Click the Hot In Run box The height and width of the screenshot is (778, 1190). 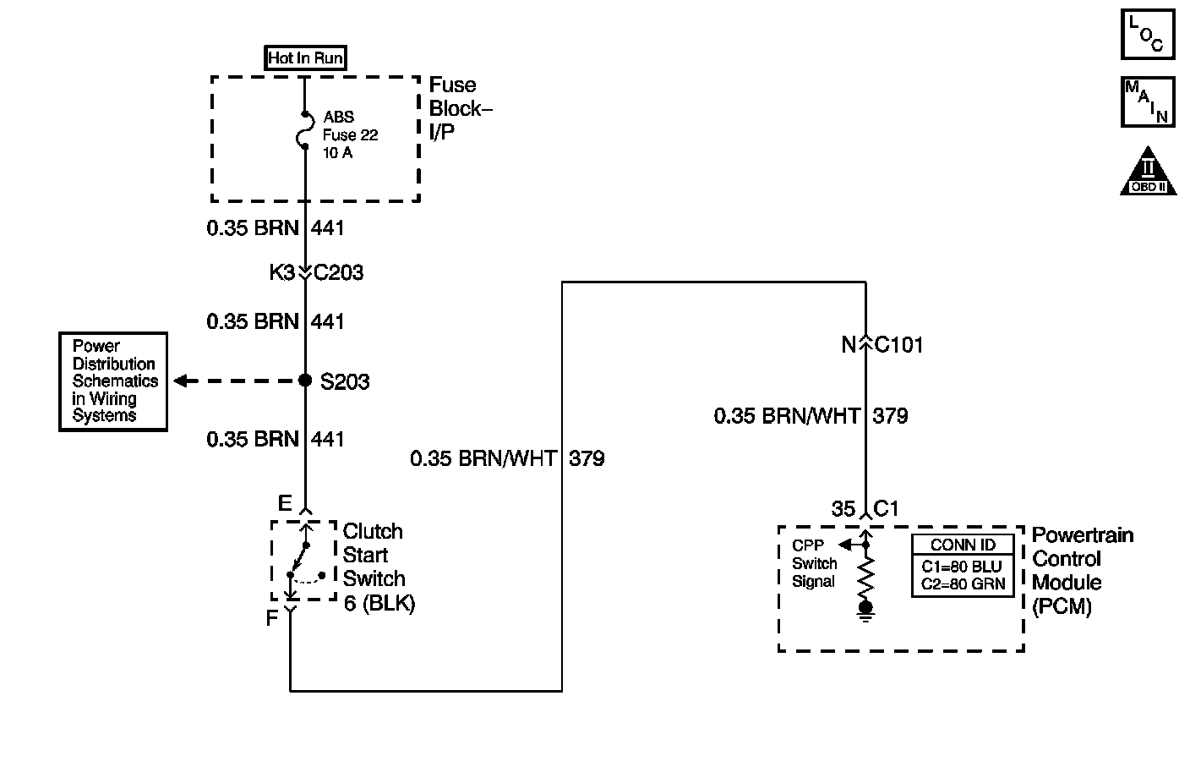[305, 58]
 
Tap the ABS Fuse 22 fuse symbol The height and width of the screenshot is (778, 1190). [304, 130]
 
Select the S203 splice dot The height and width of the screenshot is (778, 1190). [306, 381]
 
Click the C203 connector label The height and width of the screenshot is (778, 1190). [339, 272]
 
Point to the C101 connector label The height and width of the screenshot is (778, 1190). [899, 345]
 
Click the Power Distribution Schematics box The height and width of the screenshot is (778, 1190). [113, 381]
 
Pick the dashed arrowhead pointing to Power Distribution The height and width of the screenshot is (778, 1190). [180, 381]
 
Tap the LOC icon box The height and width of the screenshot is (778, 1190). [1148, 35]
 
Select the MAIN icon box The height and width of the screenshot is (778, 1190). [1148, 101]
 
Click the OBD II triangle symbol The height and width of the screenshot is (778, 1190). [1148, 173]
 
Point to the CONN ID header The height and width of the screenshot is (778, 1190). [963, 545]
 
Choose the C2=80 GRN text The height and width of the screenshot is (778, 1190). [963, 583]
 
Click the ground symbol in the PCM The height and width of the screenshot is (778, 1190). [865, 611]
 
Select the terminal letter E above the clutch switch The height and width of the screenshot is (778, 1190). [285, 504]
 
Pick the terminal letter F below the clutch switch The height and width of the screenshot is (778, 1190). [272, 618]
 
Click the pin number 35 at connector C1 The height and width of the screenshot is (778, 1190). [843, 508]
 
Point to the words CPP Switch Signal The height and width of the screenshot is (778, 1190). [814, 563]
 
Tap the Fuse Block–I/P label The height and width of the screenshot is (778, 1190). [460, 109]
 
